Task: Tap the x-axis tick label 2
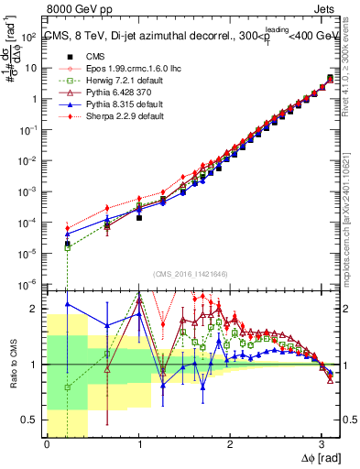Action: pyautogui.click(x=230, y=445)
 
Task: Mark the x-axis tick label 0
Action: pyautogui.click(x=47, y=445)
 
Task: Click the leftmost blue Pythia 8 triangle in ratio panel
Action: pyautogui.click(x=67, y=303)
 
